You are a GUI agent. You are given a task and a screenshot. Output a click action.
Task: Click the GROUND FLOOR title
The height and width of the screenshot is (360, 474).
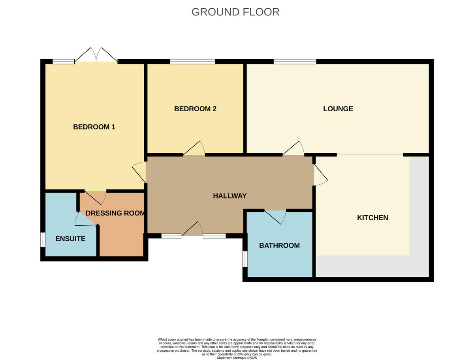[235, 12]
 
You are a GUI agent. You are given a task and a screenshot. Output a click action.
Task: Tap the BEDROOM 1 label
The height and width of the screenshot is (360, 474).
[94, 127]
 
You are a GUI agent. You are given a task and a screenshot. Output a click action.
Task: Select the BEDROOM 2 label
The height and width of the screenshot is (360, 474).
[195, 109]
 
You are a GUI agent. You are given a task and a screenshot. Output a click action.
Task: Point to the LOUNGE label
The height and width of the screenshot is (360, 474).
[338, 109]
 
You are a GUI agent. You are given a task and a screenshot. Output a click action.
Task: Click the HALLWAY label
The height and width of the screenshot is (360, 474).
[229, 196]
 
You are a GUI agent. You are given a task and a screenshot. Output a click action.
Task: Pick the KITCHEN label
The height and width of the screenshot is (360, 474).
[372, 217]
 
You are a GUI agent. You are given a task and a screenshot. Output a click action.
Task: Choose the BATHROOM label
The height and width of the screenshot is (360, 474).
[279, 246]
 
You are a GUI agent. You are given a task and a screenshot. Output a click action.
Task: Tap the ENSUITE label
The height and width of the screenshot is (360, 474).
[70, 238]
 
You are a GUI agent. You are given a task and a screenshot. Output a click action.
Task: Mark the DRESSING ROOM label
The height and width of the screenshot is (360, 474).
[115, 213]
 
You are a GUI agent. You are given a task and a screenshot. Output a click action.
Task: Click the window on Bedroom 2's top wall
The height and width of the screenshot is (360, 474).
[192, 62]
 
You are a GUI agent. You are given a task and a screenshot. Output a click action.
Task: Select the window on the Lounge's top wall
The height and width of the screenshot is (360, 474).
[295, 62]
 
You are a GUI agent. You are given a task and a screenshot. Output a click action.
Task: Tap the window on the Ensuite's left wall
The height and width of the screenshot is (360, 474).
[43, 240]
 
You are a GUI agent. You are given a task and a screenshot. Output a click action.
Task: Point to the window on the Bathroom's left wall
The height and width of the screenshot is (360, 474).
[245, 259]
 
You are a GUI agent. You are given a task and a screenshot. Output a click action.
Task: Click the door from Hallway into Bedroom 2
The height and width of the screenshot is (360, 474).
[194, 149]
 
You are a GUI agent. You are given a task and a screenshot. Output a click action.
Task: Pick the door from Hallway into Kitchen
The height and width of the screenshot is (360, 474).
[320, 174]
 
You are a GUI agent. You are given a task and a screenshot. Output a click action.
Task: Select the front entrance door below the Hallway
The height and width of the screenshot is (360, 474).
[193, 230]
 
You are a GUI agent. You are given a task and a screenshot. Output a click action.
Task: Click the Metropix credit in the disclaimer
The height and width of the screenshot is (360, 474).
[237, 358]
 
